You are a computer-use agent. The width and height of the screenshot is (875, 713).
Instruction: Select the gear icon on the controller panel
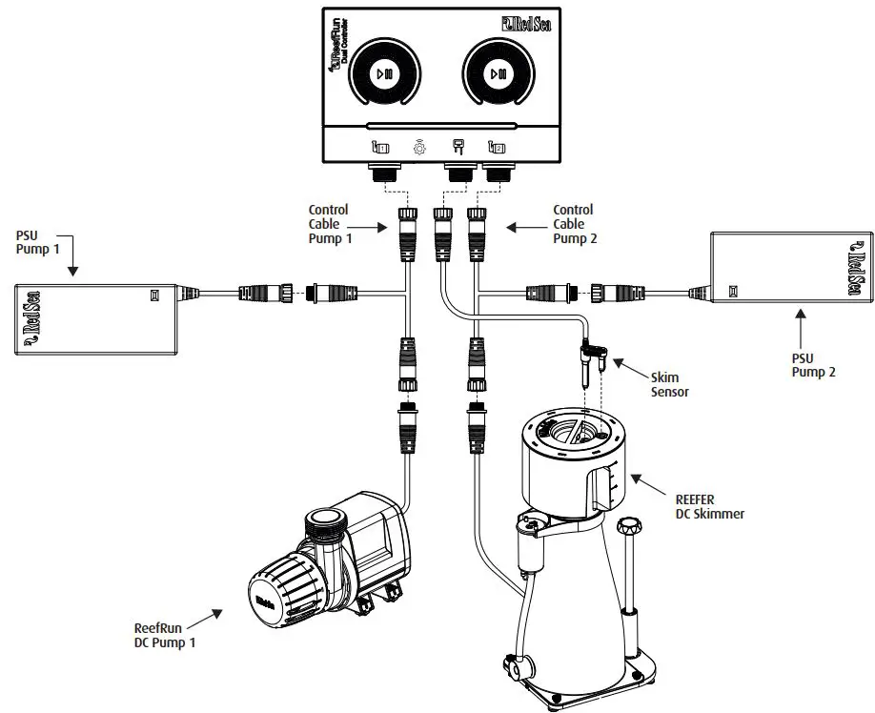418,148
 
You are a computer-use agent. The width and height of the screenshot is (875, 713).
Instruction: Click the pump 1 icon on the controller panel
379,148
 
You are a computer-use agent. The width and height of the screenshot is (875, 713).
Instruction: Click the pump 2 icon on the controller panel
496,148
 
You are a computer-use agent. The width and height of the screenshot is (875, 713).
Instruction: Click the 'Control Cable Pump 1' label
329,224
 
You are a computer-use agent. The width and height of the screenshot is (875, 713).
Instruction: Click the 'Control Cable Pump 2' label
574,224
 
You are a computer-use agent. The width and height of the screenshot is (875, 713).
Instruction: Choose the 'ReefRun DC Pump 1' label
167,634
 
